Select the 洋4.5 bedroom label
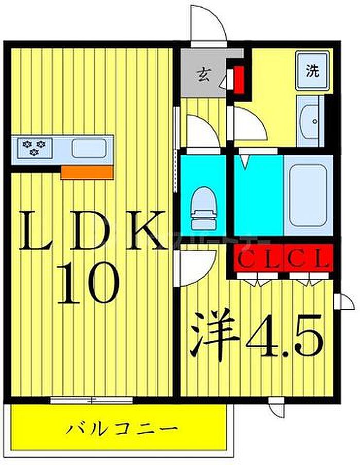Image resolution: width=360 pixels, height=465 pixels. click(x=257, y=337)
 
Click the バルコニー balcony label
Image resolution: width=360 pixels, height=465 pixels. click(x=122, y=428)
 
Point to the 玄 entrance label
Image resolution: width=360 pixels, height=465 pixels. click(x=203, y=77)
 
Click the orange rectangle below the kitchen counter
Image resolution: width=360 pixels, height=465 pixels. click(x=86, y=172)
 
